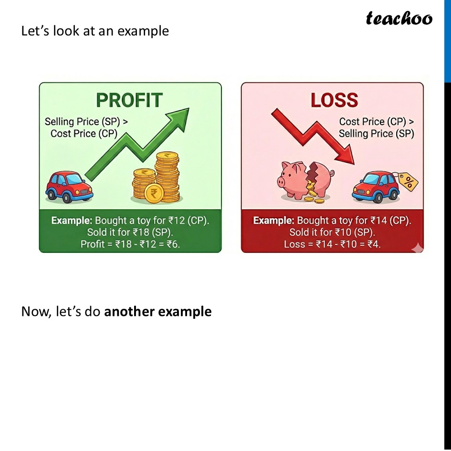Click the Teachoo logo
(x=399, y=19)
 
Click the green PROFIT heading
(x=129, y=100)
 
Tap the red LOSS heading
(x=334, y=100)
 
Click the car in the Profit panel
(x=69, y=187)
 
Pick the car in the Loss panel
(x=376, y=187)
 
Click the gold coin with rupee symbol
(x=154, y=193)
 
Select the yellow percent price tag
(x=409, y=181)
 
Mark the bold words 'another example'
(x=157, y=312)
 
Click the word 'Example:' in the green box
(x=72, y=221)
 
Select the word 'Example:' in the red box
(x=273, y=221)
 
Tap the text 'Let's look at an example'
(x=95, y=31)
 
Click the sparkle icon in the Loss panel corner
(x=417, y=247)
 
